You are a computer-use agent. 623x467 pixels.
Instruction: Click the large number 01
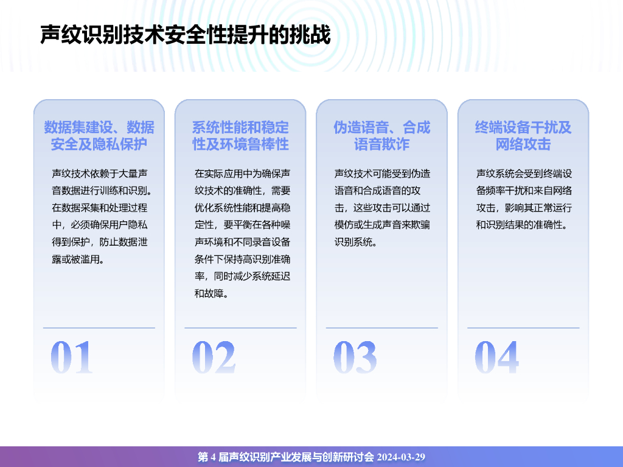pos(72,358)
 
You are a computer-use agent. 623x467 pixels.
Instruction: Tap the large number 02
pos(214,358)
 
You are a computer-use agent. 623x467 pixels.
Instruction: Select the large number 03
pos(355,358)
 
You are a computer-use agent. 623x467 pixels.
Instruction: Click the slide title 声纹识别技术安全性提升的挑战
pos(185,35)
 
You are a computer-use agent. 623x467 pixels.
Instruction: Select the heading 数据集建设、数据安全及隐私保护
pos(99,136)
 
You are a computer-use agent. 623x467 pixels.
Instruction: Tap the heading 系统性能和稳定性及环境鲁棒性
pos(240,136)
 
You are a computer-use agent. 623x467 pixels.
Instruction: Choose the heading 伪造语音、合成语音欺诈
pos(382,136)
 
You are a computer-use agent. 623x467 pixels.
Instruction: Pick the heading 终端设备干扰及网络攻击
pos(523,136)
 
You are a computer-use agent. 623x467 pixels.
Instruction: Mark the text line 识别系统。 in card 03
pos(356,242)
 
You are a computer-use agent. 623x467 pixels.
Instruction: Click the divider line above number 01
pos(99,328)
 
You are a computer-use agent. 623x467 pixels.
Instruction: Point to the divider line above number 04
pos(523,328)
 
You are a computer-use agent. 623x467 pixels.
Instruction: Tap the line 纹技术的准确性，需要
pos(242,191)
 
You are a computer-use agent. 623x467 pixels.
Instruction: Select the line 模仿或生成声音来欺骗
pos(382,225)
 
